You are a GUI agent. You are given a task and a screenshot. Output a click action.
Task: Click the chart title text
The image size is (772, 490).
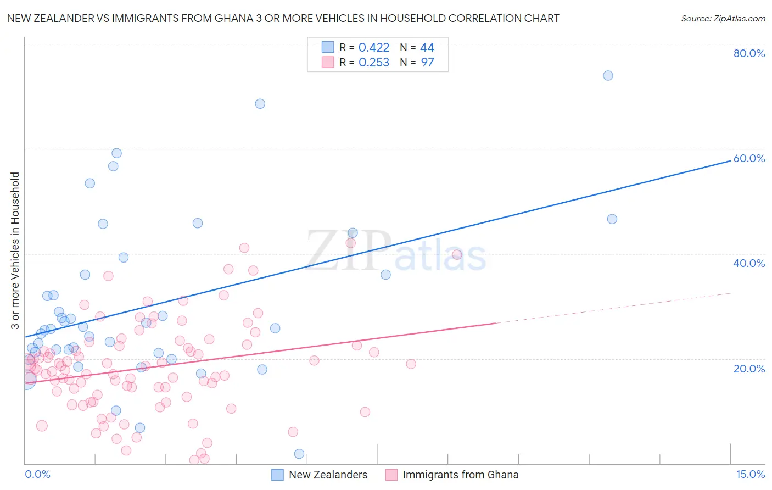point(283,18)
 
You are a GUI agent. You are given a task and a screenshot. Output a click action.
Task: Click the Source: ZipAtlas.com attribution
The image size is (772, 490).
point(723,18)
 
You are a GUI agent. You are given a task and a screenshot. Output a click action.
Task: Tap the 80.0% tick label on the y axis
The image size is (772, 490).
point(749,53)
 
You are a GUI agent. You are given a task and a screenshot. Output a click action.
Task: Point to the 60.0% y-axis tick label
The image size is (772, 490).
point(749,158)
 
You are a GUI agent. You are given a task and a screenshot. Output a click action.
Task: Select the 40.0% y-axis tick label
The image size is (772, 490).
point(749,263)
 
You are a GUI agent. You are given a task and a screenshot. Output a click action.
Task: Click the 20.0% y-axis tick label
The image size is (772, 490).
point(749,369)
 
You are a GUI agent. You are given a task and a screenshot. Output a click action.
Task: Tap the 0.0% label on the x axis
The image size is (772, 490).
point(37,474)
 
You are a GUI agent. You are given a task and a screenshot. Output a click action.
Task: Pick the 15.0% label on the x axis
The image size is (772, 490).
point(750,474)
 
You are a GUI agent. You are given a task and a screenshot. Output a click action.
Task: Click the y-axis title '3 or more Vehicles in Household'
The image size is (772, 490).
point(15,250)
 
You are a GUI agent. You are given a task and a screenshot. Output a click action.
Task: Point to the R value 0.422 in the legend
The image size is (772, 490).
point(374,48)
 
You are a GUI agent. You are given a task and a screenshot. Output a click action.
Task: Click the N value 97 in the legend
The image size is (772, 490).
point(427,63)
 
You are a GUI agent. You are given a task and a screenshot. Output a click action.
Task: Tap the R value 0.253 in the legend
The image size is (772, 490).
point(374,63)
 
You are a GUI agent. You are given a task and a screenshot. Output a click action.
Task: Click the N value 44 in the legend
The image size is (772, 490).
point(427,48)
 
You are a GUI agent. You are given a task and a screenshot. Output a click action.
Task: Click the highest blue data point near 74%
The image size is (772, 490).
point(608,75)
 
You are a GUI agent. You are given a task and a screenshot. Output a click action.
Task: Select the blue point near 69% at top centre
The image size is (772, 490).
point(260,104)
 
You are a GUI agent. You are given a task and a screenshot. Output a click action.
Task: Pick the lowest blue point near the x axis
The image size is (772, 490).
point(299,454)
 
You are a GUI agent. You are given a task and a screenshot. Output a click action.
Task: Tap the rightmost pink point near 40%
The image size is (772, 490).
point(457,254)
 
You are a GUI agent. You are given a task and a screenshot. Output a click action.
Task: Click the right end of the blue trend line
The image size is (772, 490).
point(730,160)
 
